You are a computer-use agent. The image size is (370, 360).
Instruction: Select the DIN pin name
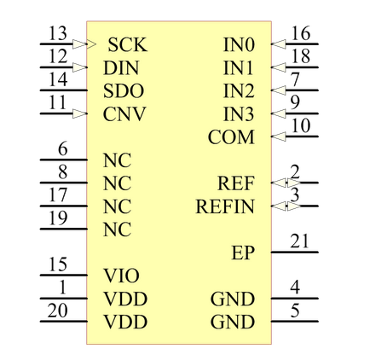[x=121, y=67]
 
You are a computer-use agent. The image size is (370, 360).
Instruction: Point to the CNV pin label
[x=124, y=113]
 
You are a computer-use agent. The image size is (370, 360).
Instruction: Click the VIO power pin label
[x=120, y=276]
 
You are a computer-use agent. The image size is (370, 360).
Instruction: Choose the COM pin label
[x=231, y=136]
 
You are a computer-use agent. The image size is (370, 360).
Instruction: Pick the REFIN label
[x=224, y=206]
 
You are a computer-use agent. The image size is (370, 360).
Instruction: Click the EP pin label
[x=243, y=253]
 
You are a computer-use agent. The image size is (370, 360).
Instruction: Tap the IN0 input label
[x=238, y=44]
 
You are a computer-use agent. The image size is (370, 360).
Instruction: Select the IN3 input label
[x=238, y=113]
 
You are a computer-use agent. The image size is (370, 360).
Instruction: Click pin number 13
[x=58, y=34]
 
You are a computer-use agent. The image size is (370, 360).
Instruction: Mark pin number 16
[x=299, y=34]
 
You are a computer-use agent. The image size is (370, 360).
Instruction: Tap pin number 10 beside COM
[x=299, y=126]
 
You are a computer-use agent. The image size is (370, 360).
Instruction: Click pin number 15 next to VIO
[x=58, y=265]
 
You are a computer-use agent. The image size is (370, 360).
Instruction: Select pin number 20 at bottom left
[x=58, y=311]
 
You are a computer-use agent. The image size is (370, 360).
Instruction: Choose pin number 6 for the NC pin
[x=62, y=149]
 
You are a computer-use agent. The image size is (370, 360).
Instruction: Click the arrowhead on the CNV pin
[x=81, y=113]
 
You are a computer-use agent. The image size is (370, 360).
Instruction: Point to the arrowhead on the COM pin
[x=275, y=136]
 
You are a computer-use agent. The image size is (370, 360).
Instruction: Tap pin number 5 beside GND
[x=294, y=311]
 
